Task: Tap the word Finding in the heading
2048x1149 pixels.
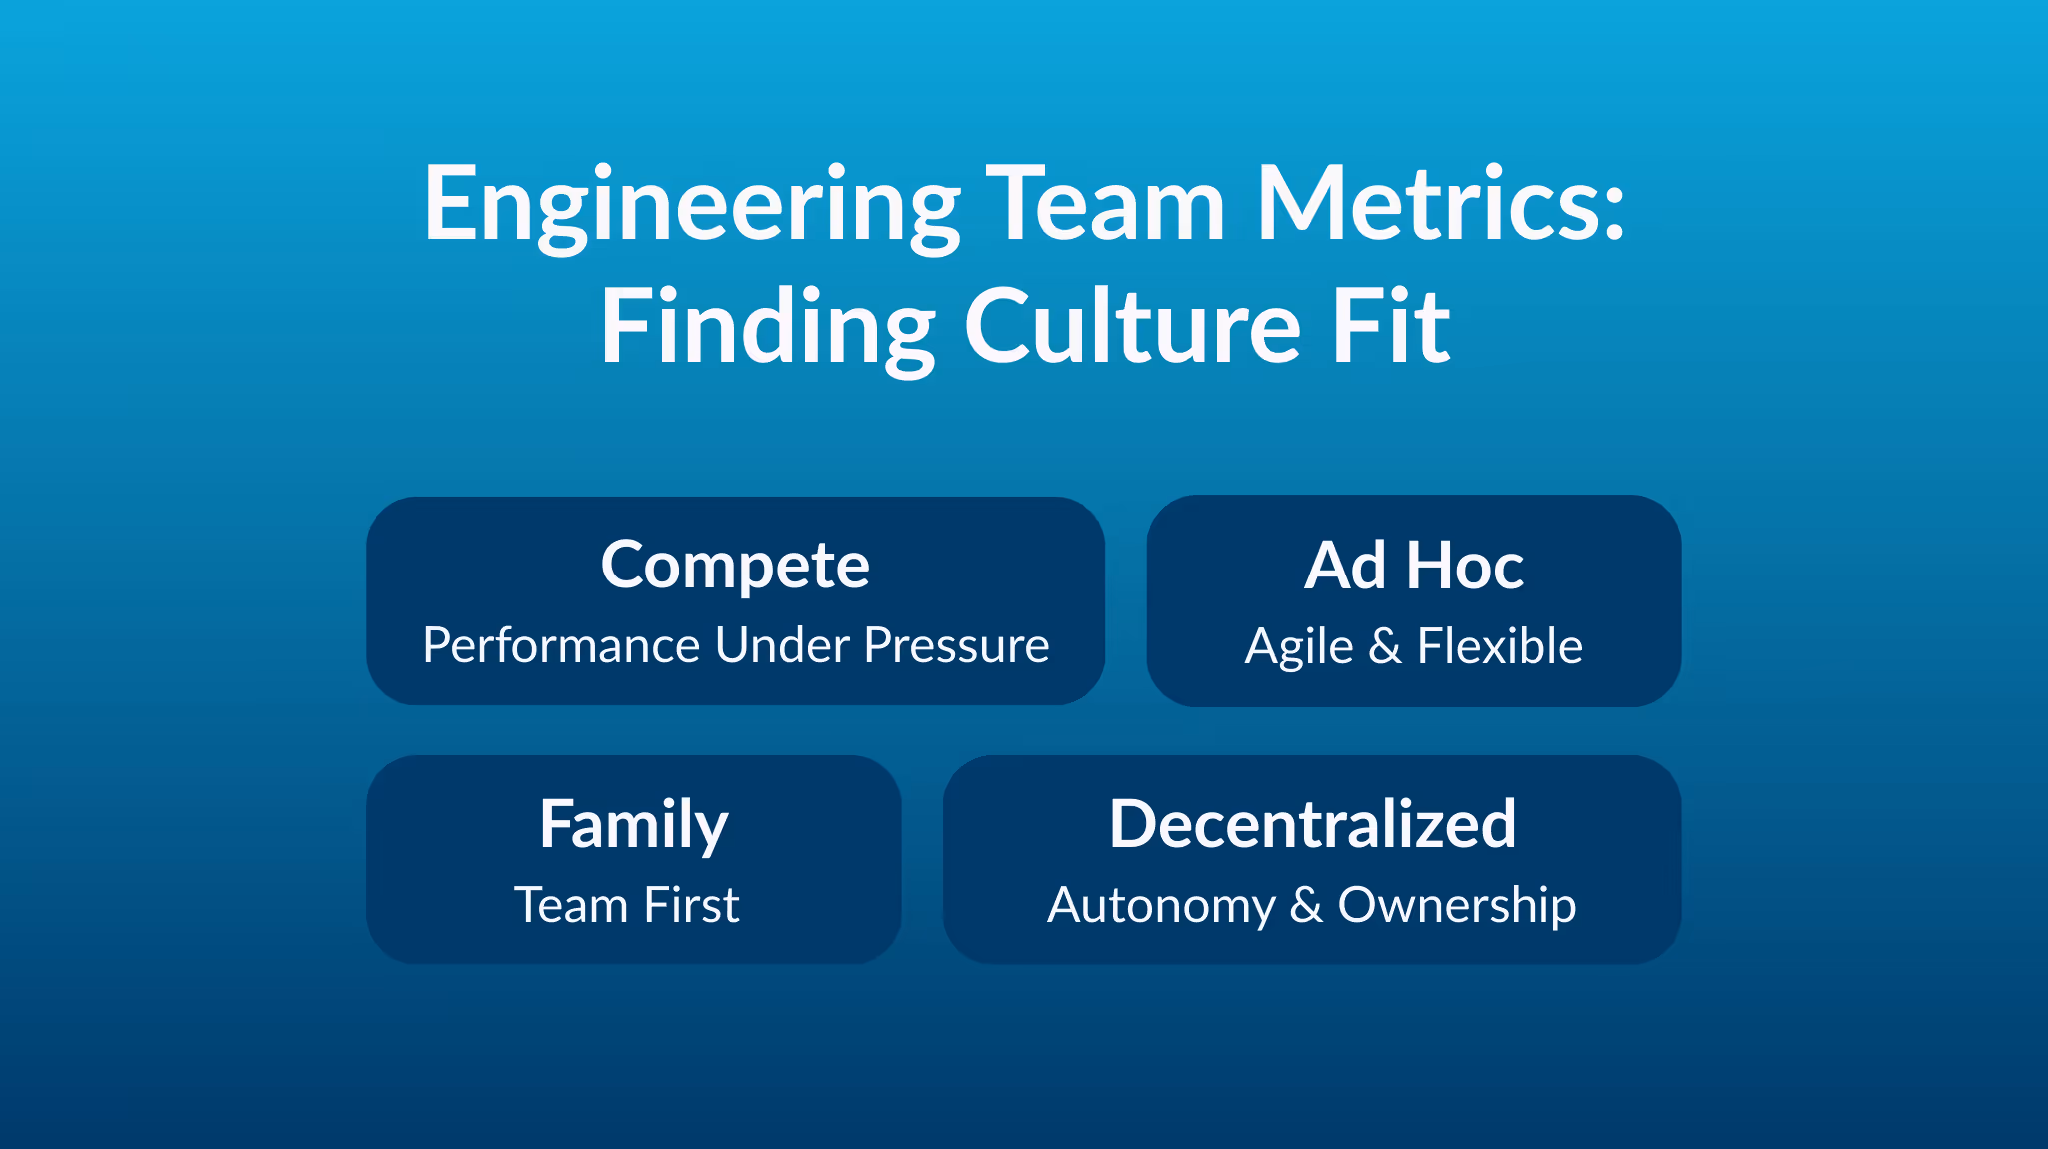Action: (x=767, y=328)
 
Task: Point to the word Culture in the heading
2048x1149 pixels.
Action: (x=1132, y=328)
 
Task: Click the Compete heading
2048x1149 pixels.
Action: (x=735, y=567)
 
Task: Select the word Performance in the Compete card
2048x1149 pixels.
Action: (x=560, y=646)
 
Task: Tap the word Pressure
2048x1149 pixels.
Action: (x=956, y=646)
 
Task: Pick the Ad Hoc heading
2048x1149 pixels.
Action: (x=1414, y=567)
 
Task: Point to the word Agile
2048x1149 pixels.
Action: (x=1298, y=648)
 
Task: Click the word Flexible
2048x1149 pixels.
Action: (x=1500, y=646)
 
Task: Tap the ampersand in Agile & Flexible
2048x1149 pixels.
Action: (x=1385, y=647)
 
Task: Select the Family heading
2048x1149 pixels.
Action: (x=633, y=826)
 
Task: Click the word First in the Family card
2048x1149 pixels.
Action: (x=691, y=906)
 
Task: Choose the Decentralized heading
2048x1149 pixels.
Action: (x=1312, y=825)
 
